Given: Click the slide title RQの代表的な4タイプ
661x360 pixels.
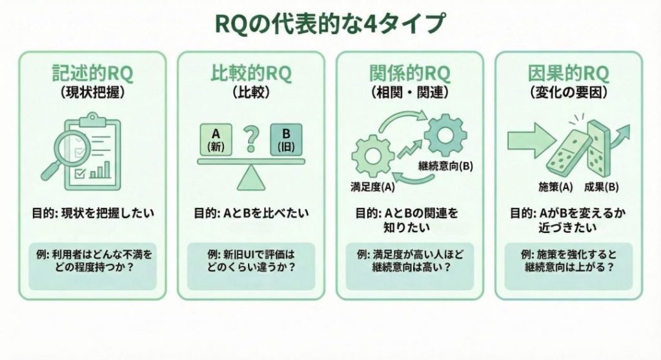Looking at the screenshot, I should pos(330,23).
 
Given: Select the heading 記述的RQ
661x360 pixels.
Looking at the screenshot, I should pos(92,72).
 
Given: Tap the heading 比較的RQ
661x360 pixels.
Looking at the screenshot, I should pos(250,72).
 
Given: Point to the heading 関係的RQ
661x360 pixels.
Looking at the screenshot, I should pos(410,72).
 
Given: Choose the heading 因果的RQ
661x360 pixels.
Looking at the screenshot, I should pos(568,72).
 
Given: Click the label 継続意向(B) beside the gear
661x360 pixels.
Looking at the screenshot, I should pos(445,166).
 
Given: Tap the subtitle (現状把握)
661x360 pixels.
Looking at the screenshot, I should pos(92,92).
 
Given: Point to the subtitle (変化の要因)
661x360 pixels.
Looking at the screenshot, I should pos(568,92).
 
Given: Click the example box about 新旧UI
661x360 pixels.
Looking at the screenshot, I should pos(250,265).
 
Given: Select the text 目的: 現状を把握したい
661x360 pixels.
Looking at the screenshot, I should pos(92,212).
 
